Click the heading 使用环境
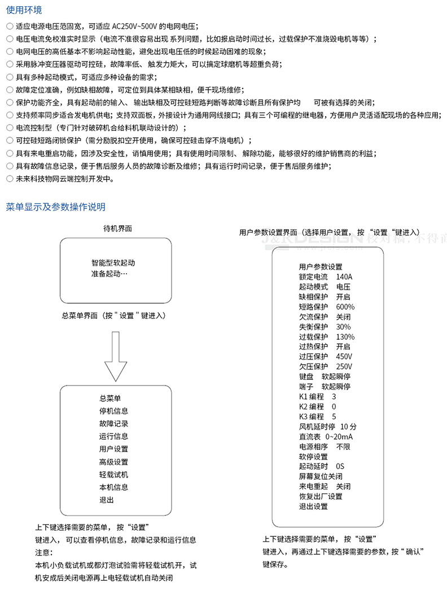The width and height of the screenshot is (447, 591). pyautogui.click(x=24, y=10)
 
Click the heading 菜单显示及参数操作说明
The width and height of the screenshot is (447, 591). pyautogui.click(x=55, y=207)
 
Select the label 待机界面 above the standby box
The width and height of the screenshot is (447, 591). pyautogui.click(x=117, y=229)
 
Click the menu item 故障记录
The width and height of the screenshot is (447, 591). pyautogui.click(x=113, y=423)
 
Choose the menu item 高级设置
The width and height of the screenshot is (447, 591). pyautogui.click(x=113, y=462)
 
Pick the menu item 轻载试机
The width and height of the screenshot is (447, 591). pyautogui.click(x=113, y=475)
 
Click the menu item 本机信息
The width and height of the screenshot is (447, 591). pyautogui.click(x=113, y=487)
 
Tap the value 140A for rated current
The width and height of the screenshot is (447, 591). pyautogui.click(x=344, y=277)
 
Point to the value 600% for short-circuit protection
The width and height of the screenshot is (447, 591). pyautogui.click(x=345, y=307)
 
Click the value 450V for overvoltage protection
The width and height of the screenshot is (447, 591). pyautogui.click(x=344, y=357)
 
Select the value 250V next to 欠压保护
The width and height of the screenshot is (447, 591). pyautogui.click(x=344, y=366)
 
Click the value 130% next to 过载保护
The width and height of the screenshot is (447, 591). pyautogui.click(x=345, y=336)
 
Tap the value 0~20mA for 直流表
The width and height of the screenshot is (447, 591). pyautogui.click(x=339, y=436)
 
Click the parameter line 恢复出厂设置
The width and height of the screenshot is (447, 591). pyautogui.click(x=321, y=496)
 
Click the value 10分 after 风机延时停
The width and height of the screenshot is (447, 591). pyautogui.click(x=349, y=426)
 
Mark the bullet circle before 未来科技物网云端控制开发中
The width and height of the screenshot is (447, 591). pyautogui.click(x=9, y=179)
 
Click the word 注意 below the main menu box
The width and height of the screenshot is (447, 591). pyautogui.click(x=43, y=551)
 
